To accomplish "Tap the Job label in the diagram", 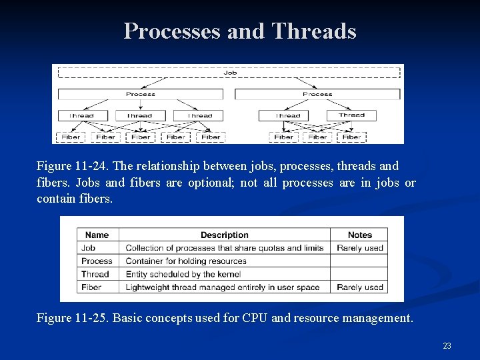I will click(230, 72).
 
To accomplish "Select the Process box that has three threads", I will click(140, 94).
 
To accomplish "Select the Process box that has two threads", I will click(317, 94).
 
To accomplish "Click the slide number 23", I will click(447, 345).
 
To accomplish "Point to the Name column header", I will click(97, 235).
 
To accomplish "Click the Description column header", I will click(224, 235).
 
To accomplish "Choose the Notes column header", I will click(359, 235).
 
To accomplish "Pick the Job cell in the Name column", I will click(88, 248).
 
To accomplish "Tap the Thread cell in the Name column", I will click(95, 274).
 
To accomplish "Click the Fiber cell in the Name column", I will click(91, 287).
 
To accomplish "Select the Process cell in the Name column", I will click(97, 261).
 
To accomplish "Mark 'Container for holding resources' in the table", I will click(186, 261).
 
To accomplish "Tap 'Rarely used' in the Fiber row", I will click(359, 287).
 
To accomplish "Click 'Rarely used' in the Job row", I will click(359, 248).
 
